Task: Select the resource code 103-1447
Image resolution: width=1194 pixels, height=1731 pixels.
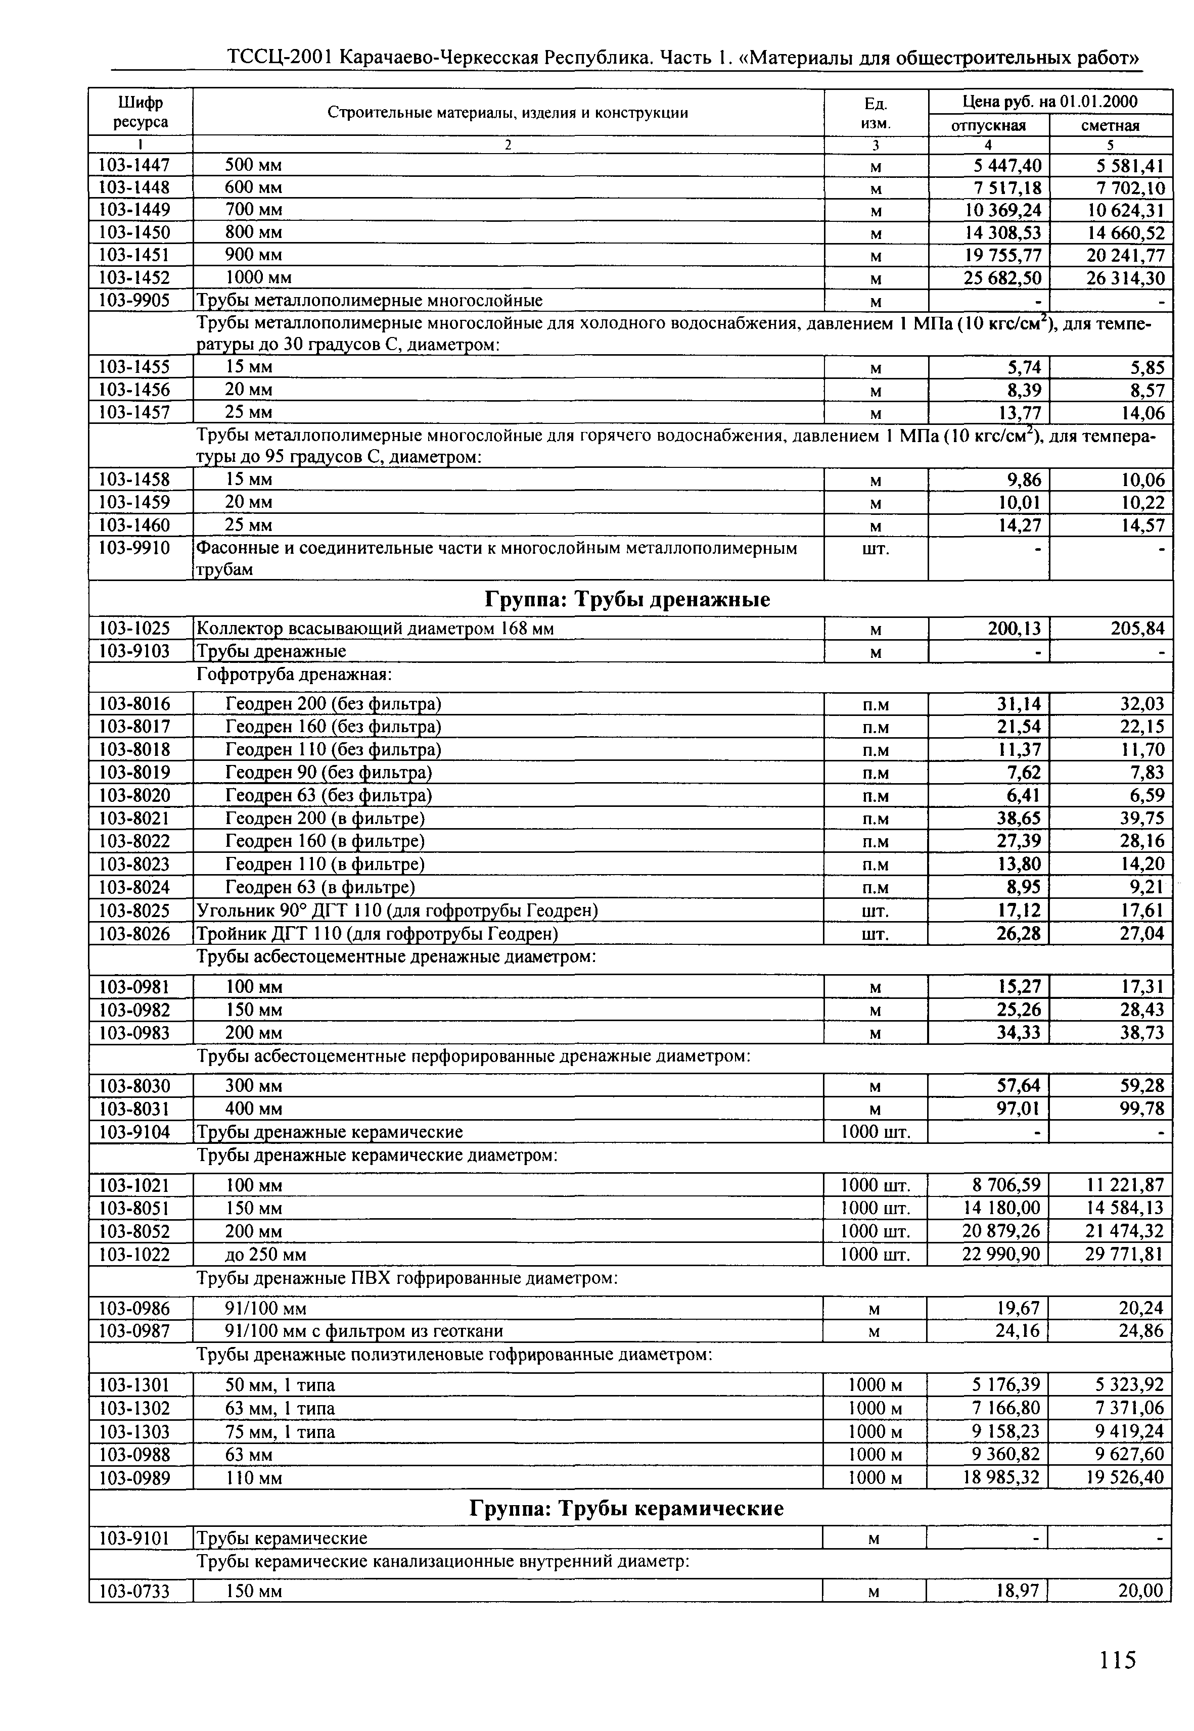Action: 134,165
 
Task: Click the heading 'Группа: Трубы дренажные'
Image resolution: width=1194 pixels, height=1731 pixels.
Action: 628,600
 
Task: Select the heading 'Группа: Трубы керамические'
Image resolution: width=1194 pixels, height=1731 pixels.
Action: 626,1508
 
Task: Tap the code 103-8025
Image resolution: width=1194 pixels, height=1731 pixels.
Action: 134,911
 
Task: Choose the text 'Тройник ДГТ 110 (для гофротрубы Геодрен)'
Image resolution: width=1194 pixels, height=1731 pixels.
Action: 377,934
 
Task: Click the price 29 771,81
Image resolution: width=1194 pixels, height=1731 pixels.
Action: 1124,1254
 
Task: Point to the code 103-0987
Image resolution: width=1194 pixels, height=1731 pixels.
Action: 134,1331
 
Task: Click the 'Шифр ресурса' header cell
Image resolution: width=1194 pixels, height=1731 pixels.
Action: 141,112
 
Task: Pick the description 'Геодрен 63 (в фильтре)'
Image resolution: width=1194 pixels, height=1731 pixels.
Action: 320,888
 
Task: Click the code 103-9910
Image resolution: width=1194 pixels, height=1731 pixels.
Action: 134,548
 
